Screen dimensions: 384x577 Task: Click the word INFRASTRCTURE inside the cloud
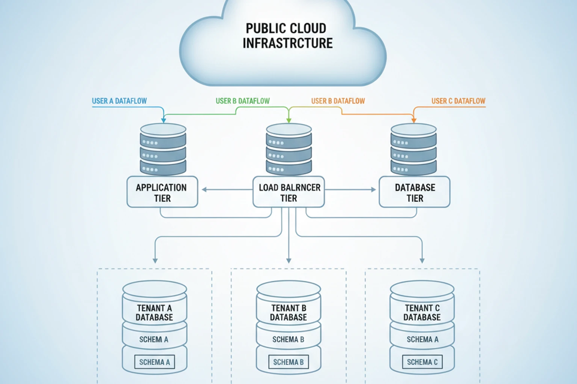pos(287,43)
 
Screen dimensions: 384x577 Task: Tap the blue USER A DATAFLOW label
pos(119,101)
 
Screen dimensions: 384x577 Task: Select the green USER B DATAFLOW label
pos(242,101)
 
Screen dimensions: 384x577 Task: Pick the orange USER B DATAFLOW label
pos(338,101)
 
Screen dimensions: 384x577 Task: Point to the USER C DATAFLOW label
pos(458,101)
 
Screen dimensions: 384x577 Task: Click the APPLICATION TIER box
pos(162,192)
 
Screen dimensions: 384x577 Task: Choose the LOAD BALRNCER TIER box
pos(288,192)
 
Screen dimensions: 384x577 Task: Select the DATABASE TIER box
pos(414,192)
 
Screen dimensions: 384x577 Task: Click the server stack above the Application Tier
pos(163,150)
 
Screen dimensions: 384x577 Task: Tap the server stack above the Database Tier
pos(414,150)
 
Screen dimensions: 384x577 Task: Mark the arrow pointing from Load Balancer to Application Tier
pos(205,189)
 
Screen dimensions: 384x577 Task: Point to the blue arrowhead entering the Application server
pos(163,120)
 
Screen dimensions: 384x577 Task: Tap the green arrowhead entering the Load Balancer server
pos(288,120)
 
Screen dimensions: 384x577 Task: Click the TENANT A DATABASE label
pos(154,313)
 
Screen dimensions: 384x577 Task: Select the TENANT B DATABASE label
pos(288,313)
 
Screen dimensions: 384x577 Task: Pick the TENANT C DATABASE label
pos(422,313)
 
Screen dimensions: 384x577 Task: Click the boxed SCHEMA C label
pos(422,362)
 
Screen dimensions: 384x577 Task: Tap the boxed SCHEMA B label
pos(288,362)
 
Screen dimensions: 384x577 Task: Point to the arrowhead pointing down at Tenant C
pos(422,260)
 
